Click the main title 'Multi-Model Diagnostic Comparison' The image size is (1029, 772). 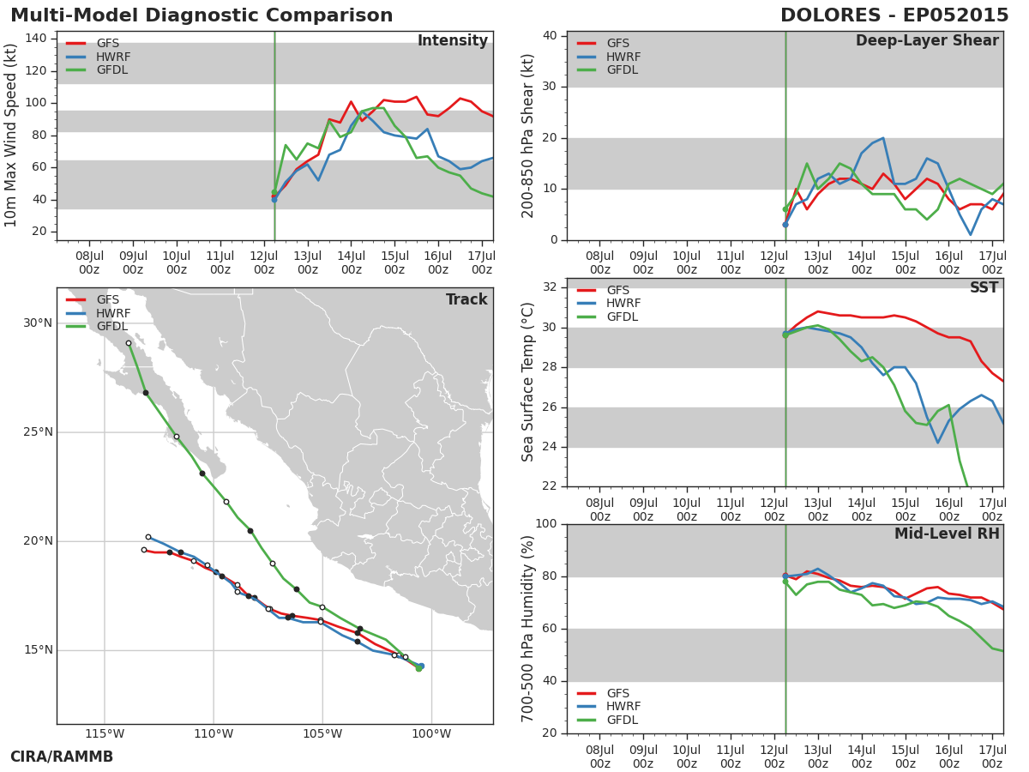pyautogui.click(x=202, y=15)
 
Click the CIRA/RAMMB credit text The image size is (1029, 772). pyautogui.click(x=62, y=757)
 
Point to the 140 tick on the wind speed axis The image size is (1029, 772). pyautogui.click(x=36, y=39)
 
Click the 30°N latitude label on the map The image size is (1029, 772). pyautogui.click(x=38, y=323)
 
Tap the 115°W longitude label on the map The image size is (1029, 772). pyautogui.click(x=105, y=733)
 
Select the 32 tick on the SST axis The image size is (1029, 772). pyautogui.click(x=550, y=286)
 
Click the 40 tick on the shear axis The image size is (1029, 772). pyautogui.click(x=550, y=36)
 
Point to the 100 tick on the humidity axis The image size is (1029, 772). pyautogui.click(x=546, y=523)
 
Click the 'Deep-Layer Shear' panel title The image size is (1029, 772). pyautogui.click(x=927, y=41)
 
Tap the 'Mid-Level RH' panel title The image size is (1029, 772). pyautogui.click(x=947, y=534)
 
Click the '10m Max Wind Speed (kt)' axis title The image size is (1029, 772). pyautogui.click(x=10, y=136)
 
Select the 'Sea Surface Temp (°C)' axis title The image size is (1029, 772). pyautogui.click(x=527, y=382)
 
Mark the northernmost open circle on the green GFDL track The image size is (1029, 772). pyautogui.click(x=129, y=344)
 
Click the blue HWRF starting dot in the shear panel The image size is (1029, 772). pyautogui.click(x=785, y=225)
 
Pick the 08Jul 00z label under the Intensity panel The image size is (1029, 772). pyautogui.click(x=89, y=263)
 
